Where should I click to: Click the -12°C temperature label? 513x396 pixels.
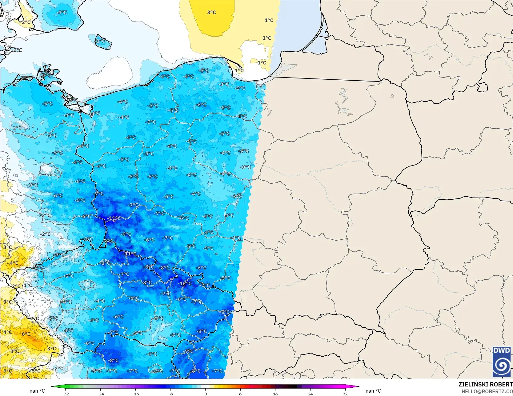(186, 283)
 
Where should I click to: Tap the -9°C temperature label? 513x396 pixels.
(126, 234)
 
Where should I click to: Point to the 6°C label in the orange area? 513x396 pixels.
(26, 334)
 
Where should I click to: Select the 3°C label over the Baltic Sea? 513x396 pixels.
(211, 12)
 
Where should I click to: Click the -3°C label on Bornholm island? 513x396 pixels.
(100, 41)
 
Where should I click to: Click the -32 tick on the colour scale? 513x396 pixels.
(66, 394)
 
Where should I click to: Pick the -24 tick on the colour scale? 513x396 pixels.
(100, 394)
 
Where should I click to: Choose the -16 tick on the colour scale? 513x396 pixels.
(135, 394)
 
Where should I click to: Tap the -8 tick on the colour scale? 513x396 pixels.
(170, 394)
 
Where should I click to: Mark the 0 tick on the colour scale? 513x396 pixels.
(206, 394)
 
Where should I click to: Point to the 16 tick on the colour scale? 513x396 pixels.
(275, 394)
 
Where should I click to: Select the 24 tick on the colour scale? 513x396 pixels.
(310, 394)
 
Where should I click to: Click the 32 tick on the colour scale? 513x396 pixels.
(345, 394)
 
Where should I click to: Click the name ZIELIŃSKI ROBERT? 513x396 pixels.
(485, 384)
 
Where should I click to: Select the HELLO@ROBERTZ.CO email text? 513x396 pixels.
(487, 391)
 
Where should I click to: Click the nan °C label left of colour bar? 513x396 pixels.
(37, 391)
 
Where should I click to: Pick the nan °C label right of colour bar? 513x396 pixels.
(373, 391)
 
